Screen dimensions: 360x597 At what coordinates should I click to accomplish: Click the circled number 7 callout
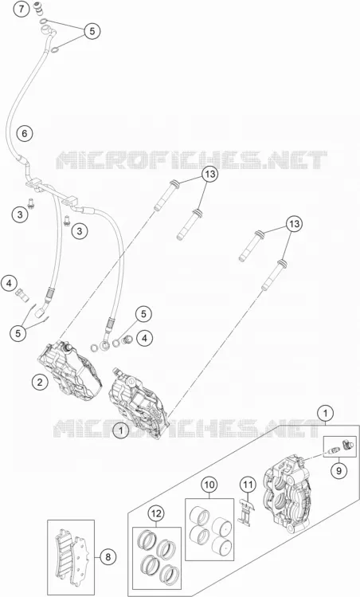22,9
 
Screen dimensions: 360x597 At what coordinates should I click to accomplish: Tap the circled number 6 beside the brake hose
25,134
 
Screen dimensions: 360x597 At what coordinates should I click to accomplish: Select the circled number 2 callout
40,382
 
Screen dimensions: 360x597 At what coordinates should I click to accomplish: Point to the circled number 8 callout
108,557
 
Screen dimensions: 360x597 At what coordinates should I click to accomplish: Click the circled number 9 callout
338,470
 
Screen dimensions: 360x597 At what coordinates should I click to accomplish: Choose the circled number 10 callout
209,485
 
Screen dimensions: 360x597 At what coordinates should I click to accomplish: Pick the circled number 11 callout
248,485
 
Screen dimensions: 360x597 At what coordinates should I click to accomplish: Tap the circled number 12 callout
156,514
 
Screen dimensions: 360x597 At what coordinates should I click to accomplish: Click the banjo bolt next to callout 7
37,8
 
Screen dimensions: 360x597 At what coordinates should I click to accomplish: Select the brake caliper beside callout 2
70,369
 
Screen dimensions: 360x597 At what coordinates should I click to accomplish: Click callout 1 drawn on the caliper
121,430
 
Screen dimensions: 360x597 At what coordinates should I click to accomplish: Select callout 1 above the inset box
325,413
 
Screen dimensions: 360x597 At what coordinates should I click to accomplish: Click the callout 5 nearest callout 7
92,31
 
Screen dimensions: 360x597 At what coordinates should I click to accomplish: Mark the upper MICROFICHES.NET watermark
191,160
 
